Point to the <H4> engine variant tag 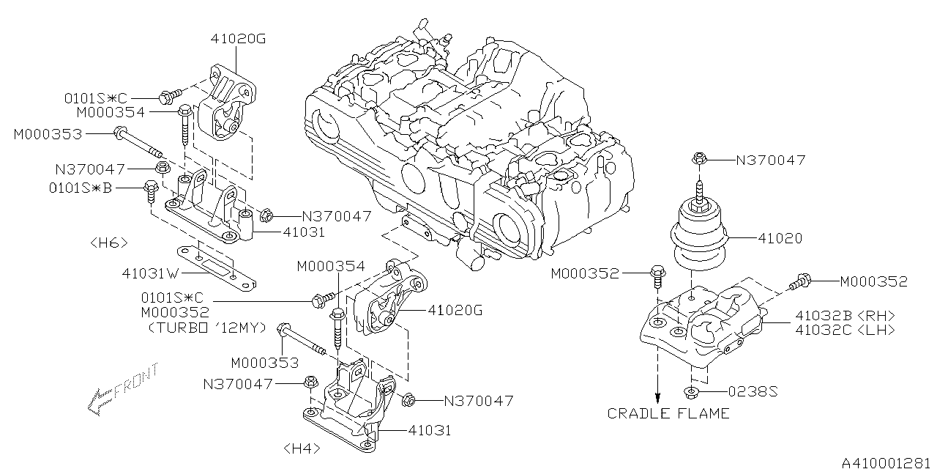[300, 447]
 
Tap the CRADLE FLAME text [668, 413]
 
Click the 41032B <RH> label [843, 315]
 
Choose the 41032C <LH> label [843, 330]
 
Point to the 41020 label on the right [780, 238]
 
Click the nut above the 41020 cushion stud [699, 158]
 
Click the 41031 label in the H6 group [303, 232]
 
